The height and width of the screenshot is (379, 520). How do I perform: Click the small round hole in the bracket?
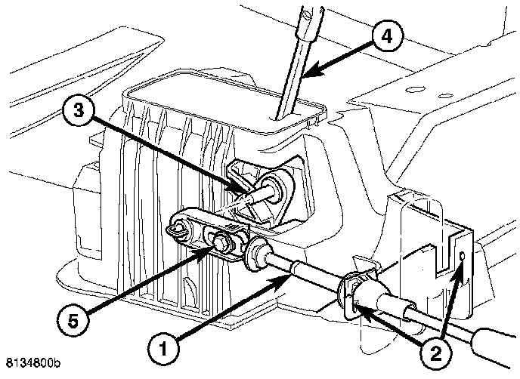pos(463,260)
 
